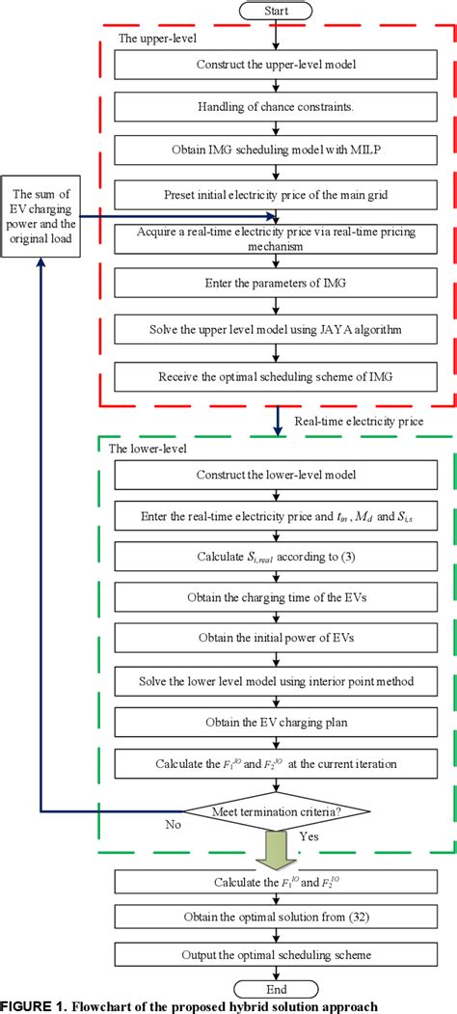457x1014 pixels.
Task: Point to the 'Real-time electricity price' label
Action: coord(344,422)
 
